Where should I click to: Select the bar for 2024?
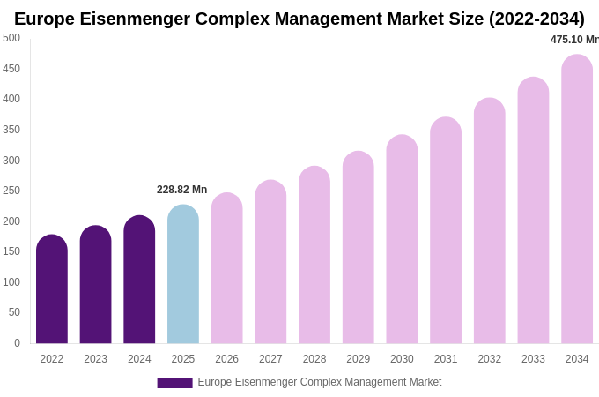tap(139, 280)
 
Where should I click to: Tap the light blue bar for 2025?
tap(183, 274)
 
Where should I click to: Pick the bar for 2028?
tap(314, 255)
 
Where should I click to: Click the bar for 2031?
tap(446, 230)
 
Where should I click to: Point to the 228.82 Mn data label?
tap(181, 190)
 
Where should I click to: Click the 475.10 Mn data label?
tap(574, 40)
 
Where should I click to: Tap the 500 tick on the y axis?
tap(11, 38)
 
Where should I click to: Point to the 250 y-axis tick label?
tap(11, 191)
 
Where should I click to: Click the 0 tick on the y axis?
tap(17, 343)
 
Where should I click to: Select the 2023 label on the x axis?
tap(95, 359)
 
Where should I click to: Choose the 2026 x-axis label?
tap(226, 359)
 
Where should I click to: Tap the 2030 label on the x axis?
tap(402, 359)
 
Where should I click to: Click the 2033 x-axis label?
tap(533, 359)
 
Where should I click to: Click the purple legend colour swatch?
tap(174, 383)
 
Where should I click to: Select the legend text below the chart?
tap(319, 382)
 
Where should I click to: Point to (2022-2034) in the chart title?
tap(536, 19)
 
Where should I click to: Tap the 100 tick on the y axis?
tap(11, 282)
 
